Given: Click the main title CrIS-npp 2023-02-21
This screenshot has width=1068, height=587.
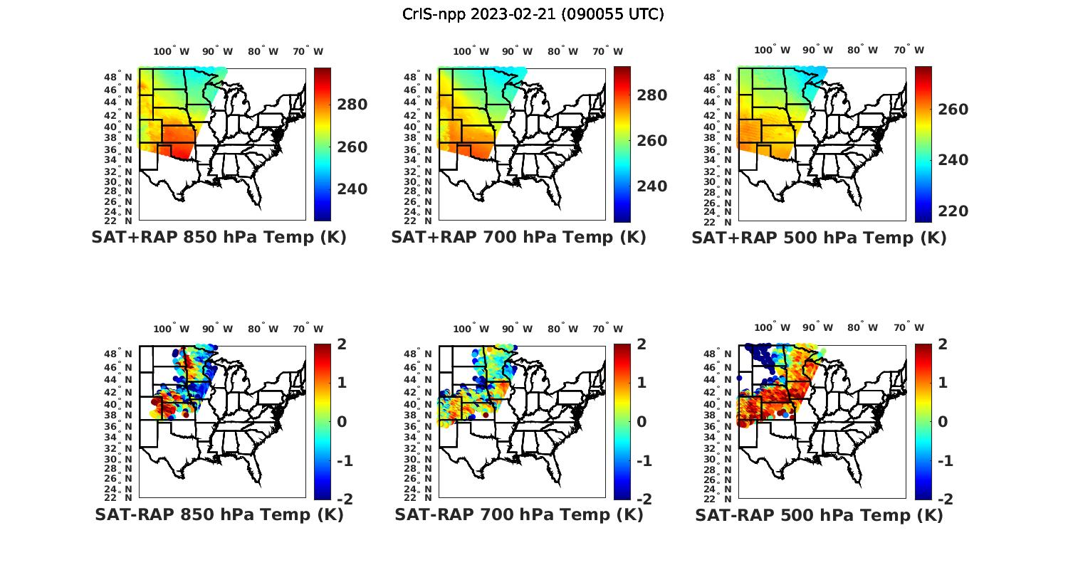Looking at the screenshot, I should (x=533, y=14).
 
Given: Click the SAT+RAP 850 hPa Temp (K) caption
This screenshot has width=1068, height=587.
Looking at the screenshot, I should (x=219, y=238).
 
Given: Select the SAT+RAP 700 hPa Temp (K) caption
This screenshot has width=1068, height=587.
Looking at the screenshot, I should (x=518, y=238).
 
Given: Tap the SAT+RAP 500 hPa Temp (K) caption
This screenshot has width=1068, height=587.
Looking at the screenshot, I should (x=819, y=238).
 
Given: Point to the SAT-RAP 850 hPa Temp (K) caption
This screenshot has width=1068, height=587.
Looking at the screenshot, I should (x=219, y=514).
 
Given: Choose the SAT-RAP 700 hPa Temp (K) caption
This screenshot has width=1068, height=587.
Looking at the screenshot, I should (x=519, y=514).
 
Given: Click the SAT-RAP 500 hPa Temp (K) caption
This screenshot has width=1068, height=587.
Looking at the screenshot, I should (x=819, y=514).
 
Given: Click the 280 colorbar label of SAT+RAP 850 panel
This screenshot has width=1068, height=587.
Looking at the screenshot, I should (x=352, y=105).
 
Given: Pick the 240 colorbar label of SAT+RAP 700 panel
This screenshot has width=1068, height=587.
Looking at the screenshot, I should (x=651, y=186).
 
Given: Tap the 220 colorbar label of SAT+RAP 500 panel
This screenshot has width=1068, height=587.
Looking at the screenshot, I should (x=953, y=211).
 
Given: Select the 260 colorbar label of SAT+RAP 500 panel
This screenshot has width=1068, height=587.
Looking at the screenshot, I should (x=953, y=110).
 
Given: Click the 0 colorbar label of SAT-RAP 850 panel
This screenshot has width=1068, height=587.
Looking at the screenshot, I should (x=342, y=421).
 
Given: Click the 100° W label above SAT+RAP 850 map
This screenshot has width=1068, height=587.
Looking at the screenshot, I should (x=172, y=51).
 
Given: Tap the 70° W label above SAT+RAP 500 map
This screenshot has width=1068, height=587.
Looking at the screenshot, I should (x=909, y=50).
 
